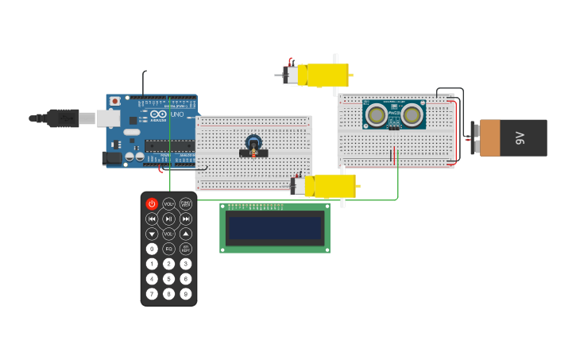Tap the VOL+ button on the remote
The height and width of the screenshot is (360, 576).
(x=168, y=204)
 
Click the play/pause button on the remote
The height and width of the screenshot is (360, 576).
(x=168, y=219)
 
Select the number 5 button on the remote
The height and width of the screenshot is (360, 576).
(x=168, y=279)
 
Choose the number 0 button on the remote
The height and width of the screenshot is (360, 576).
(x=152, y=249)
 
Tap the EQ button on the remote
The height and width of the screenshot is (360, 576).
(x=168, y=249)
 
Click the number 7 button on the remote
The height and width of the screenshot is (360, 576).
(x=152, y=294)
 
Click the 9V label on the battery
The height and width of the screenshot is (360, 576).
(x=521, y=137)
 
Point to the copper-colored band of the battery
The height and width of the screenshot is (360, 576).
(x=490, y=137)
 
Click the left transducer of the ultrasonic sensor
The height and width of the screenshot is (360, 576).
(x=377, y=116)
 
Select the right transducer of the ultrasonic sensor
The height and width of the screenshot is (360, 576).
(x=412, y=116)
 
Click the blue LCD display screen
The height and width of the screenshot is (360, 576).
(x=275, y=228)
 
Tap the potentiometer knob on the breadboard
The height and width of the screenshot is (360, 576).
(x=253, y=144)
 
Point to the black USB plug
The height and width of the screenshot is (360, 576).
(x=63, y=118)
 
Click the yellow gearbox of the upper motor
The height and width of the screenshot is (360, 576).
(x=327, y=75)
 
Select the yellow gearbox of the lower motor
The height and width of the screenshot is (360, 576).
(x=334, y=186)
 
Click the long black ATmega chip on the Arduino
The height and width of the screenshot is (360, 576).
(x=169, y=145)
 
